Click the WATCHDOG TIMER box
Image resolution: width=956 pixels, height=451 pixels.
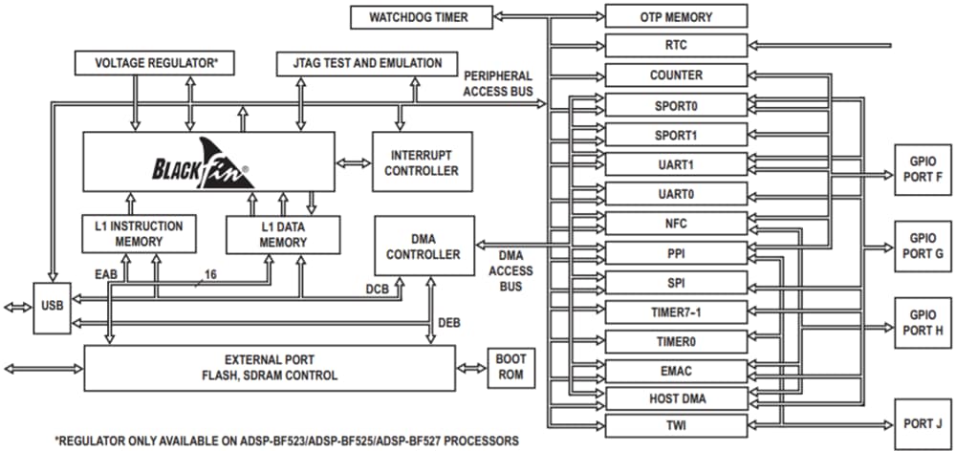pyautogui.click(x=420, y=16)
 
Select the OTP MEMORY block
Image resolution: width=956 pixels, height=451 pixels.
pyautogui.click(x=675, y=16)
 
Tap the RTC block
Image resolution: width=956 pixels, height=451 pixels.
pyautogui.click(x=675, y=45)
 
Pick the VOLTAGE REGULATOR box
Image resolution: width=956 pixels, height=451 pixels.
pyautogui.click(x=157, y=64)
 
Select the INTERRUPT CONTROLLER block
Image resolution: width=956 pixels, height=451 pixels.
pyautogui.click(x=422, y=162)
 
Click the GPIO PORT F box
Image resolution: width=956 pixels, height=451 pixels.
pyautogui.click(x=923, y=169)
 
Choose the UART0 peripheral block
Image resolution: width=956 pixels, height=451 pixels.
pyautogui.click(x=675, y=194)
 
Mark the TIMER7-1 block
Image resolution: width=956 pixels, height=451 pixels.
pyautogui.click(x=675, y=312)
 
